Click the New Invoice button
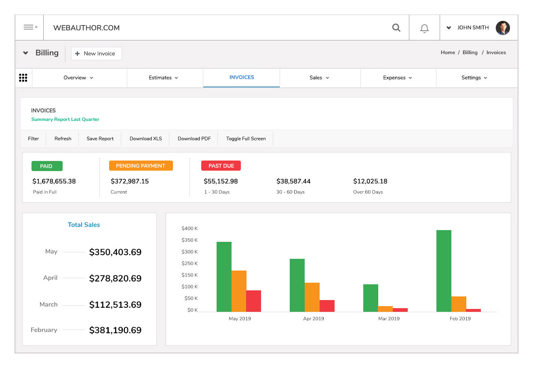click(x=96, y=53)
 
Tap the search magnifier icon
click(x=396, y=27)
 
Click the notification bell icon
click(x=424, y=28)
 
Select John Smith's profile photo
click(x=503, y=28)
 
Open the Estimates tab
click(x=163, y=78)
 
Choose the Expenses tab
click(x=397, y=78)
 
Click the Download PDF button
click(x=194, y=138)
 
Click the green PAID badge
click(x=47, y=166)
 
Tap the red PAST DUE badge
click(x=221, y=166)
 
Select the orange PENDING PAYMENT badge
click(x=141, y=166)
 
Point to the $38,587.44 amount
click(x=293, y=181)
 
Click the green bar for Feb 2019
click(x=444, y=271)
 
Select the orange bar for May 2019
click(x=239, y=291)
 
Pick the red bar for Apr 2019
click(x=327, y=306)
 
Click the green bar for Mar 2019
click(x=371, y=298)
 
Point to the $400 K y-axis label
click(x=190, y=228)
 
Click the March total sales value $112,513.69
click(x=115, y=305)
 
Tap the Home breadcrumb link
click(x=448, y=53)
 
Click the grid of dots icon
click(x=23, y=78)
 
